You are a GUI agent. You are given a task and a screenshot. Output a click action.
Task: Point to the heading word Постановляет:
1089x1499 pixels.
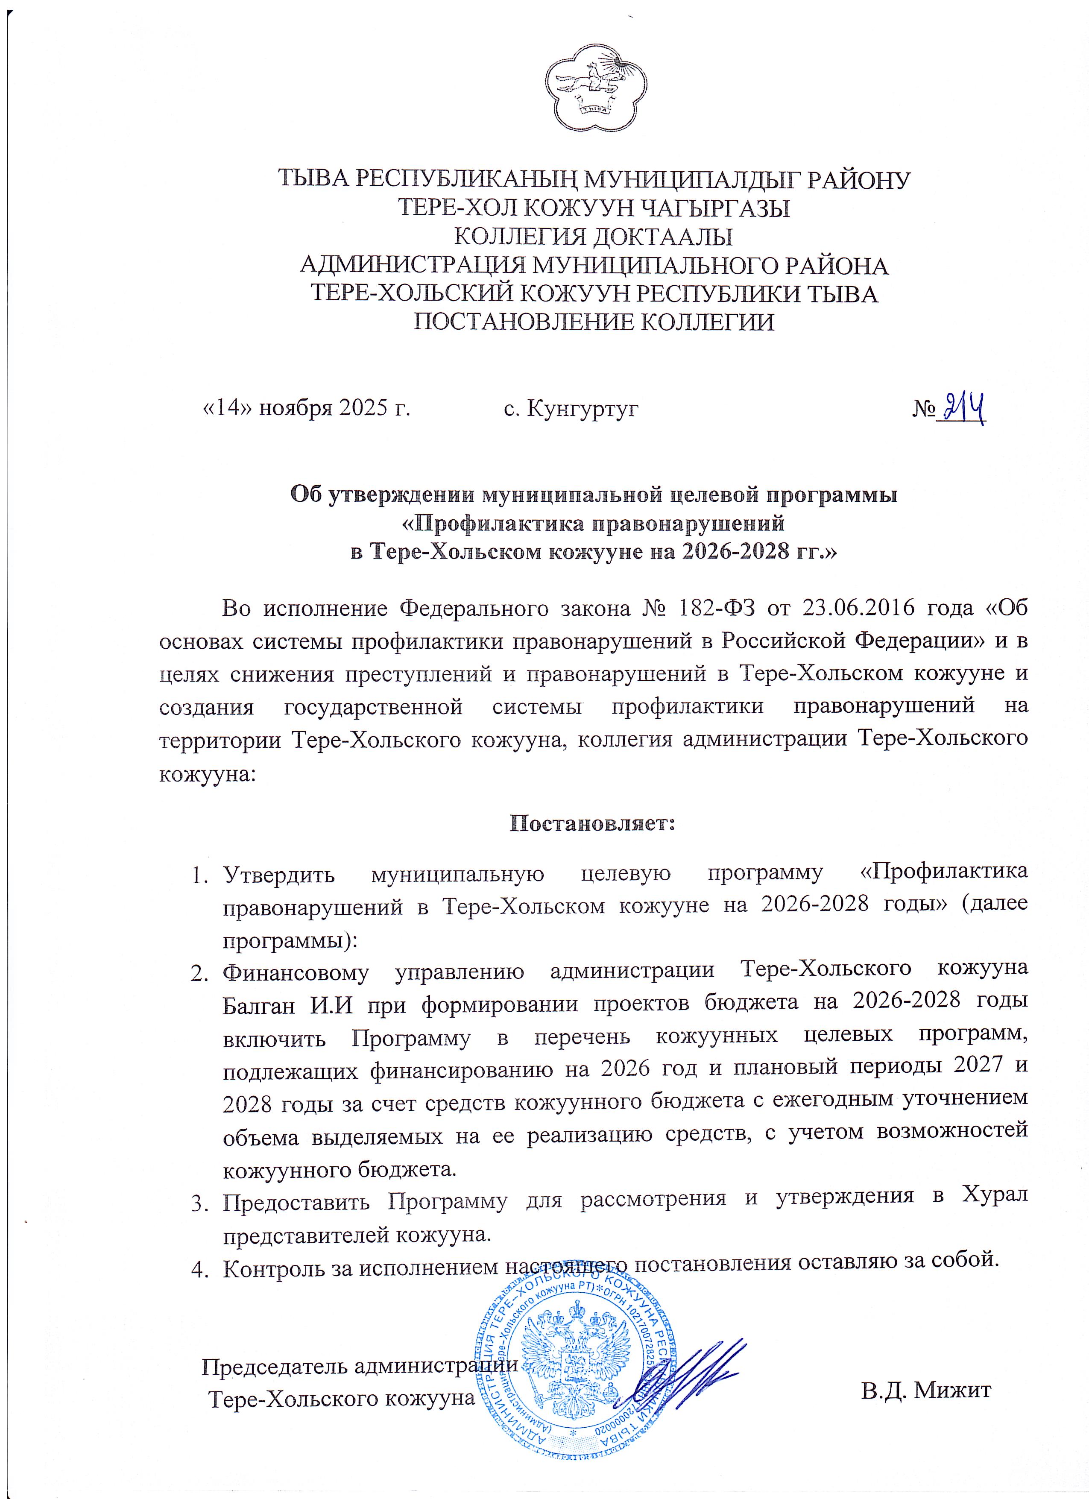coord(591,823)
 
